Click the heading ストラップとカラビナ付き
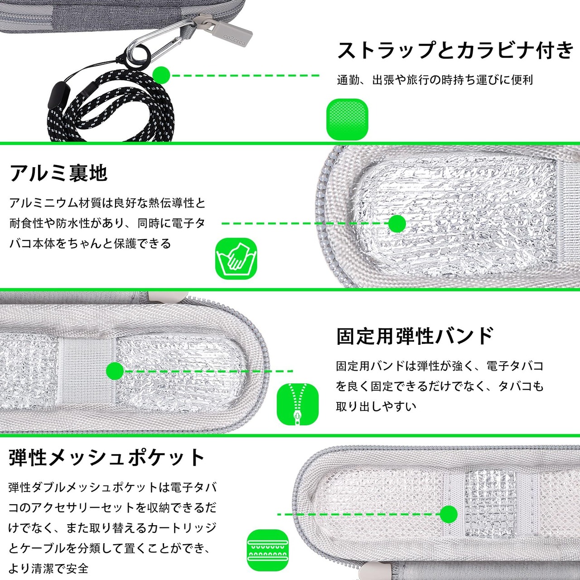click(455, 50)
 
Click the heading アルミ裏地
click(58, 173)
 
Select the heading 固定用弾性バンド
click(415, 336)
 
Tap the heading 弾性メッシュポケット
click(107, 458)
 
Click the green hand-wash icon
click(236, 259)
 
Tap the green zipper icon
click(298, 404)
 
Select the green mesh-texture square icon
click(348, 119)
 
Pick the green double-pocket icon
click(268, 550)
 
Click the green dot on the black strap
click(161, 75)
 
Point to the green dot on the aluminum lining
click(397, 223)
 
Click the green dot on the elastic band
click(115, 371)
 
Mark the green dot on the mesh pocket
click(449, 514)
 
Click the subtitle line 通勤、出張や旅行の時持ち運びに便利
click(435, 80)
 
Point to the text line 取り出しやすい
click(376, 406)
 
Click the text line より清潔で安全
click(48, 568)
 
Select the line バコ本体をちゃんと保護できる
click(91, 244)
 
